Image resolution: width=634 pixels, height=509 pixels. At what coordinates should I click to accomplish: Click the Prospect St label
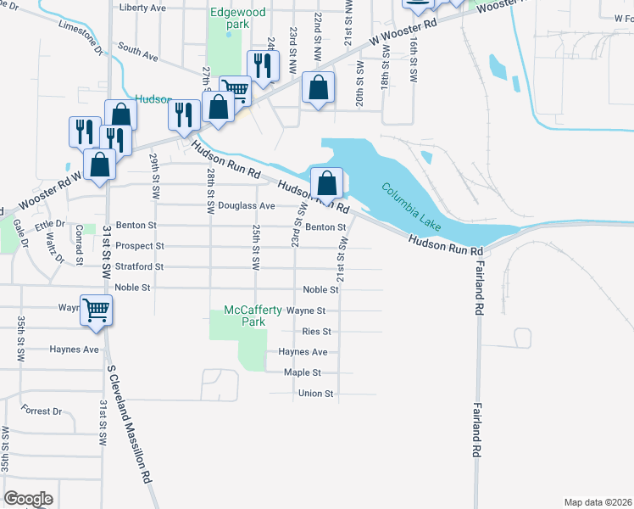click(x=135, y=246)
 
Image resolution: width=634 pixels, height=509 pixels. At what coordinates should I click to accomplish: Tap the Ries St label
click(x=316, y=332)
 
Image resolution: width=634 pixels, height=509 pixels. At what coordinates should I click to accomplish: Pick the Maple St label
click(x=303, y=372)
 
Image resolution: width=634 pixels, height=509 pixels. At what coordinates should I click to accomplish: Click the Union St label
click(x=316, y=394)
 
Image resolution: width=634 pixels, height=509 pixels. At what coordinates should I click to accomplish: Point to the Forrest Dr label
click(x=42, y=411)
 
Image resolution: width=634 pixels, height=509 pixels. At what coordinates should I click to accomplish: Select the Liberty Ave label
click(x=143, y=8)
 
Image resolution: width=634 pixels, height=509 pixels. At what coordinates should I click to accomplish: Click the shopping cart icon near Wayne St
click(x=96, y=310)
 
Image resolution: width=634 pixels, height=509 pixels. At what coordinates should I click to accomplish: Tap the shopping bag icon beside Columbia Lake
click(x=327, y=182)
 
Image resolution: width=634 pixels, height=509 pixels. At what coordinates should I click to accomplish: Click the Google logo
click(x=28, y=499)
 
